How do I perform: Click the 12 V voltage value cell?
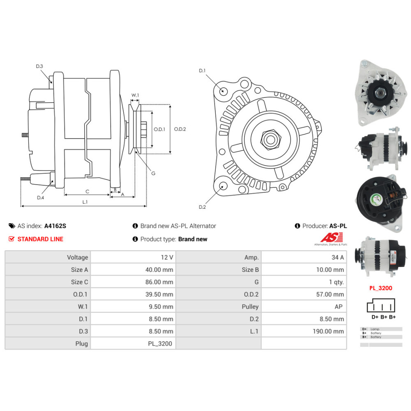click(166, 257)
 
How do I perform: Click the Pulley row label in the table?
click(250, 307)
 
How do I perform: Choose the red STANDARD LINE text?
click(40, 239)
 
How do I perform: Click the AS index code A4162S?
click(55, 226)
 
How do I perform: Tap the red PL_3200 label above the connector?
click(380, 288)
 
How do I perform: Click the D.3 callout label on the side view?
click(39, 66)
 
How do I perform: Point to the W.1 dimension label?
click(135, 95)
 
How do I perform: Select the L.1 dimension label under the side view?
click(85, 202)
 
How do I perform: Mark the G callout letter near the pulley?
click(153, 173)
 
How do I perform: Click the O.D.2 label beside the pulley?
click(180, 129)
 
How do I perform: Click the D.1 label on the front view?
click(202, 71)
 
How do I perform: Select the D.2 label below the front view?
click(202, 207)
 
